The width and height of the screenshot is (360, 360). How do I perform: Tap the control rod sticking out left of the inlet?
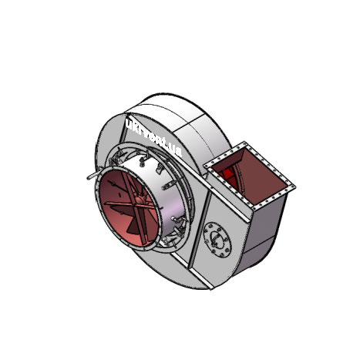tap(88, 176)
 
